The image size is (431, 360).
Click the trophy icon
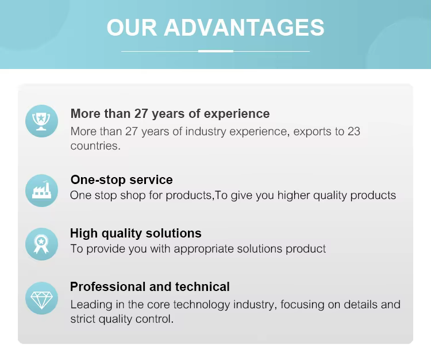41,121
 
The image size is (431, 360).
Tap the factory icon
41,190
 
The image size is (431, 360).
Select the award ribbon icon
41,244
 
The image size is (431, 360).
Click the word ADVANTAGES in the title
244,28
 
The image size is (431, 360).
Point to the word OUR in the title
132,28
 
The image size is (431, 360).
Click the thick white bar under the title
215,51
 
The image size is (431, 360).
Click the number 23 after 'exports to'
354,132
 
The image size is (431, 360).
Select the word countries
95,145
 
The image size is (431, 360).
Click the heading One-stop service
121,179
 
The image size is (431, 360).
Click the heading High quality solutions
136,233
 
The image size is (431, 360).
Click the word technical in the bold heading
202,286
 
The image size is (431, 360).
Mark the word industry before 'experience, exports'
205,132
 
